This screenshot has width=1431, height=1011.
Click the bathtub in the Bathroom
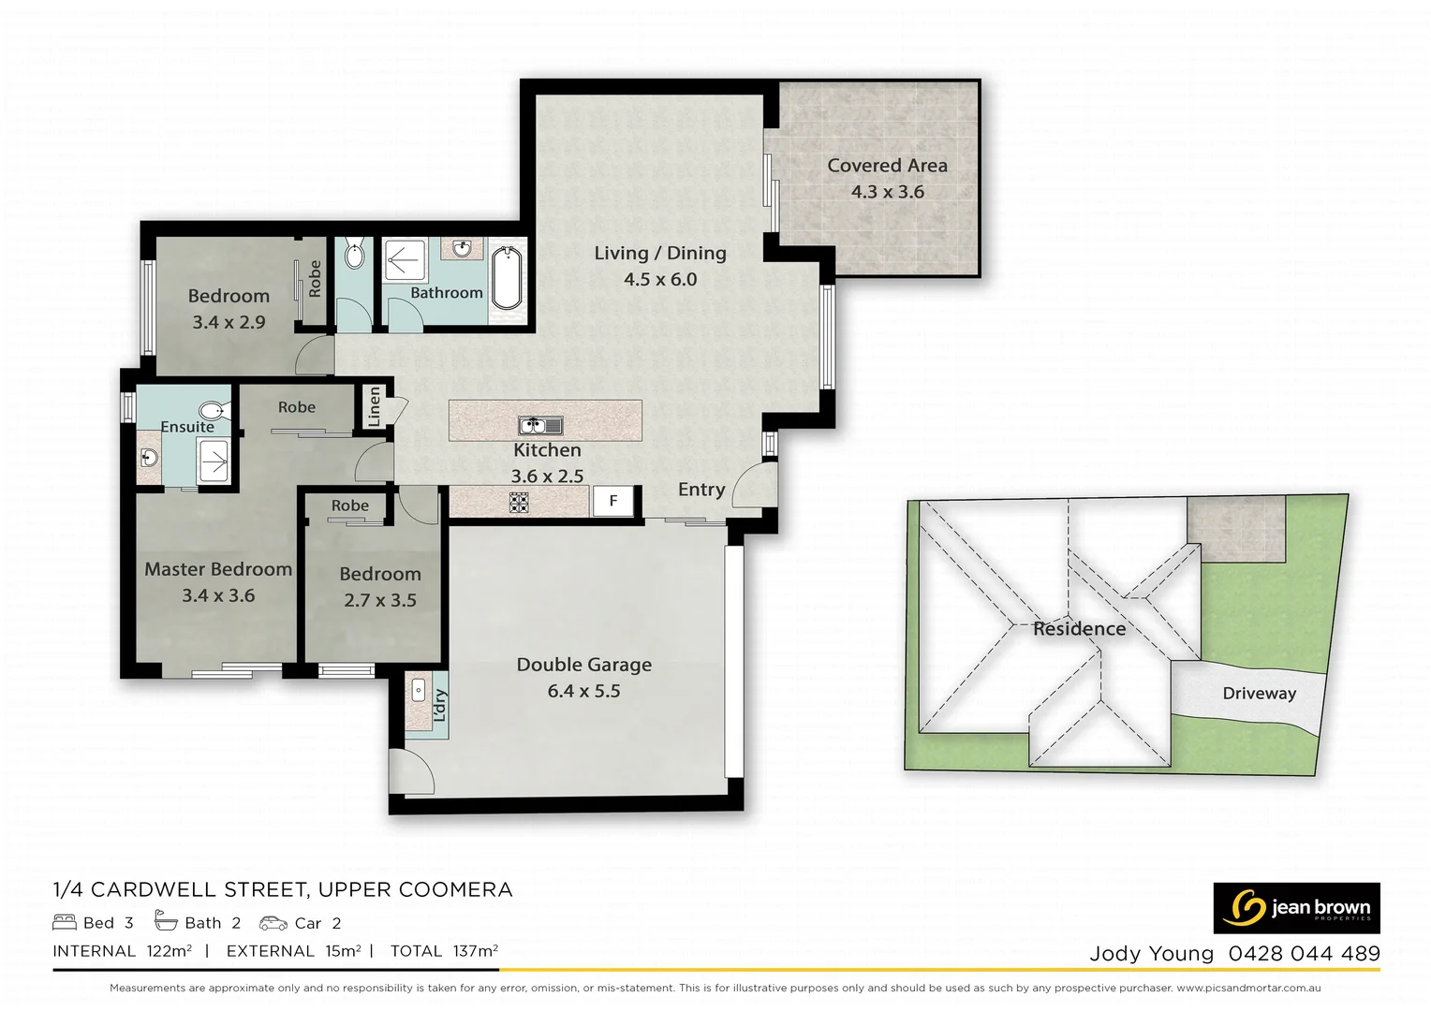(x=506, y=277)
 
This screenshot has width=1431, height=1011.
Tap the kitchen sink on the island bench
(x=540, y=426)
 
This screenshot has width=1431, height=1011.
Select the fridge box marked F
(x=613, y=501)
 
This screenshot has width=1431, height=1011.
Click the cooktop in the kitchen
(x=519, y=503)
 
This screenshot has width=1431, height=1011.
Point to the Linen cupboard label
(x=375, y=407)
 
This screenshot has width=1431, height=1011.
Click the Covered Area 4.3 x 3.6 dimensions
(x=887, y=192)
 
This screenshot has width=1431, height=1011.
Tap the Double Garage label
(x=583, y=665)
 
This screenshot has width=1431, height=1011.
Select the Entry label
(x=701, y=490)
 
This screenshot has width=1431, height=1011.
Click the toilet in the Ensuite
(x=212, y=410)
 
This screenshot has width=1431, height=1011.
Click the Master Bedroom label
(x=218, y=569)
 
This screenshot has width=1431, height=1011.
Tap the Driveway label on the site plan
(x=1259, y=694)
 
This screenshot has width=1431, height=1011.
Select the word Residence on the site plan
(x=1079, y=629)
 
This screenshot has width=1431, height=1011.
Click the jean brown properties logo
(x=1296, y=908)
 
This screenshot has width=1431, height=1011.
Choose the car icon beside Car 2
(x=273, y=923)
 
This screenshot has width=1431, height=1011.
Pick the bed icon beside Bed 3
(x=65, y=923)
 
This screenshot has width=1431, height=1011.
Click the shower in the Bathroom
(x=405, y=261)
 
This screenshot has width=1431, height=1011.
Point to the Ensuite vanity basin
(x=149, y=458)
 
